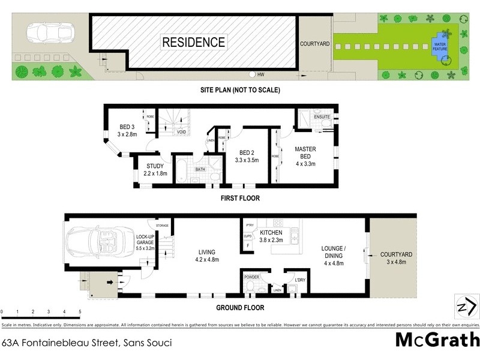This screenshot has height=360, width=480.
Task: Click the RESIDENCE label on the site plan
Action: click(x=193, y=42)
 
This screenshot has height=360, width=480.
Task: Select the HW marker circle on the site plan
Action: click(x=253, y=75)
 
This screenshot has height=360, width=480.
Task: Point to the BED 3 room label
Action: click(x=127, y=127)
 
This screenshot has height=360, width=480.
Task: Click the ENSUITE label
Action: click(x=322, y=116)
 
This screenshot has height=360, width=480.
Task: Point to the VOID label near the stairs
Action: click(x=181, y=132)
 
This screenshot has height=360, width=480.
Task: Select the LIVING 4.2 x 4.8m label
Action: click(x=206, y=256)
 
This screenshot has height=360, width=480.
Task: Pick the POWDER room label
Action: click(x=251, y=277)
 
